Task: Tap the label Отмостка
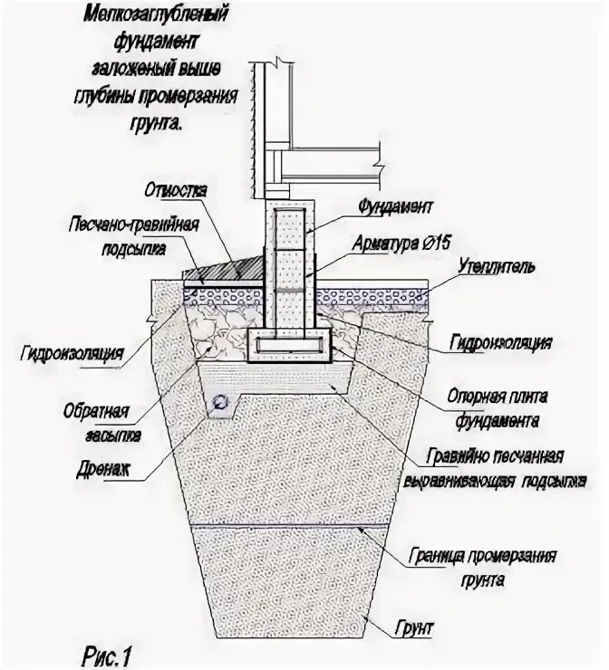pyautogui.click(x=176, y=191)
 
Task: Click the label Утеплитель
pyautogui.click(x=498, y=267)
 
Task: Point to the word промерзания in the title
pyautogui.click(x=194, y=100)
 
